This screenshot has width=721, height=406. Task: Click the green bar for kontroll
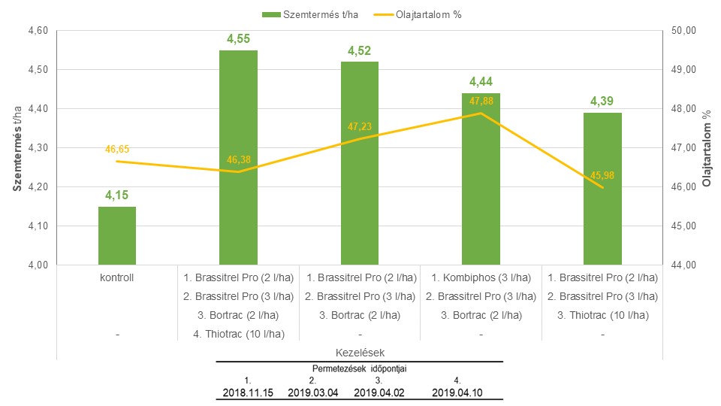pyautogui.click(x=117, y=235)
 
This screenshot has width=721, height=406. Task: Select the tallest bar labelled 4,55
pyautogui.click(x=238, y=158)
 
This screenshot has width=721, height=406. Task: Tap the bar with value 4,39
pyautogui.click(x=603, y=189)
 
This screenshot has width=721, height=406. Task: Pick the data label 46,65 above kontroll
pyautogui.click(x=117, y=149)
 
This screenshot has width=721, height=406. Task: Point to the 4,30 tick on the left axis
pyautogui.click(x=38, y=148)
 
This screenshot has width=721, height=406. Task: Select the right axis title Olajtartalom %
pyautogui.click(x=706, y=148)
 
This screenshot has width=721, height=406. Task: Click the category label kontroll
pyautogui.click(x=118, y=277)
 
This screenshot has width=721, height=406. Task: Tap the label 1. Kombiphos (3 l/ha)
pyautogui.click(x=481, y=277)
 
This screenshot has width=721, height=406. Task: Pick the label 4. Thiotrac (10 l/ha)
pyautogui.click(x=239, y=334)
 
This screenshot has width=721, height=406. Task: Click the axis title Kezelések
pyautogui.click(x=360, y=351)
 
